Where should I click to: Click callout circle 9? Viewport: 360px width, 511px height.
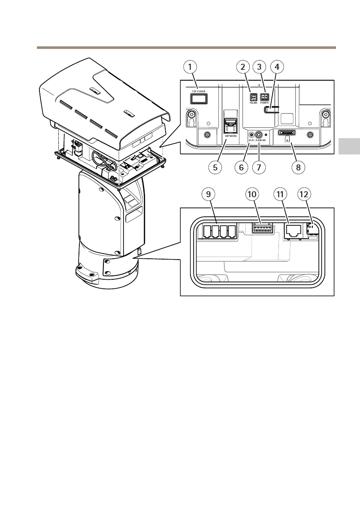[x=209, y=194]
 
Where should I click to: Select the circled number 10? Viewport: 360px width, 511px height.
[x=252, y=194]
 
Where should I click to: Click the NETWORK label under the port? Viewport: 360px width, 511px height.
[x=231, y=136]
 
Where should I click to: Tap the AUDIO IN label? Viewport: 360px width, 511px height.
[x=261, y=140]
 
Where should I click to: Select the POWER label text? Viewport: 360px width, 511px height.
[x=264, y=103]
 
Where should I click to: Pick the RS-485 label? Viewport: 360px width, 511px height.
[x=253, y=103]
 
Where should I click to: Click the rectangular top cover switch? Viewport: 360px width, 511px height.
[x=198, y=99]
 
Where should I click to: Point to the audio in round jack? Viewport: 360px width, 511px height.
[x=259, y=133]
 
